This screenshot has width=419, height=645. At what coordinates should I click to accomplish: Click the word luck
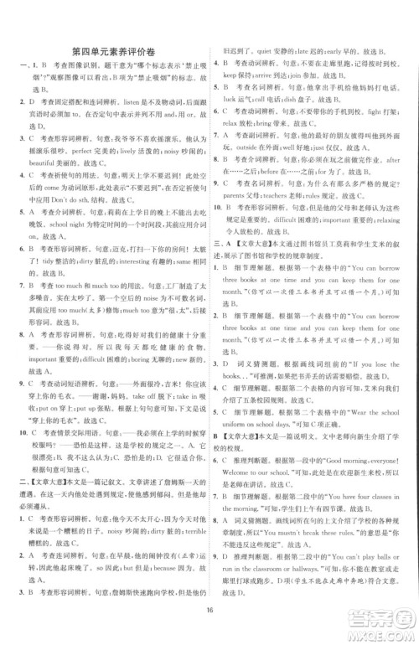click(x=235, y=120)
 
